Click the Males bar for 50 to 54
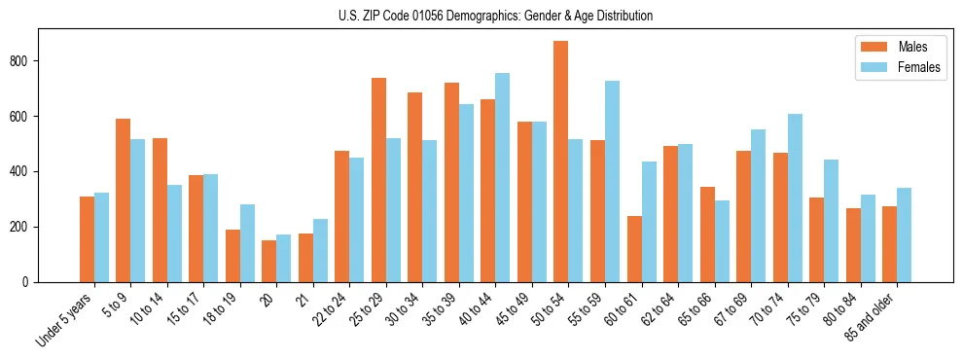coord(561,162)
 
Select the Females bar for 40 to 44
coord(503,178)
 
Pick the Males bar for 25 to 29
coord(378,180)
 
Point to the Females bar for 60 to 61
coord(649,222)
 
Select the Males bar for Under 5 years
coord(87,239)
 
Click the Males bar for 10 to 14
coord(160,210)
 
